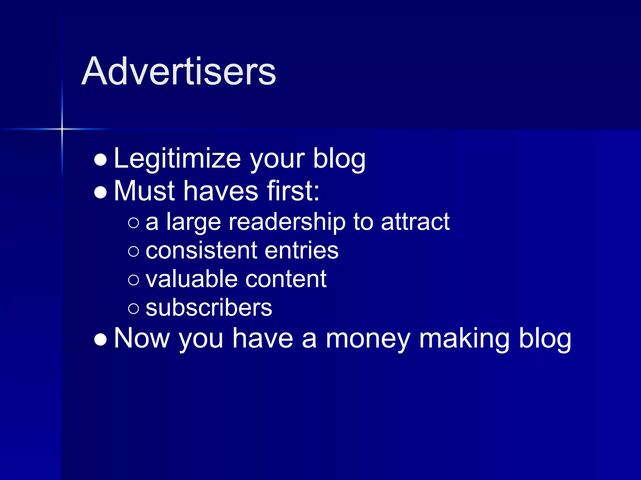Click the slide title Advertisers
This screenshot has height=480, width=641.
[178, 71]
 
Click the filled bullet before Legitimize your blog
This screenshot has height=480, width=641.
[100, 160]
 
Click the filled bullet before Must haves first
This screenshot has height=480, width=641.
[100, 192]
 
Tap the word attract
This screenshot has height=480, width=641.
[415, 222]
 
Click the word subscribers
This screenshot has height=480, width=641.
[209, 308]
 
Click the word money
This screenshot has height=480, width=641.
[368, 339]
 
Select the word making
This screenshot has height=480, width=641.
[464, 339]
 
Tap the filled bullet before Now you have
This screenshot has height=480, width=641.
[100, 340]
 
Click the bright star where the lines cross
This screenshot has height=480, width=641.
[62, 129]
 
